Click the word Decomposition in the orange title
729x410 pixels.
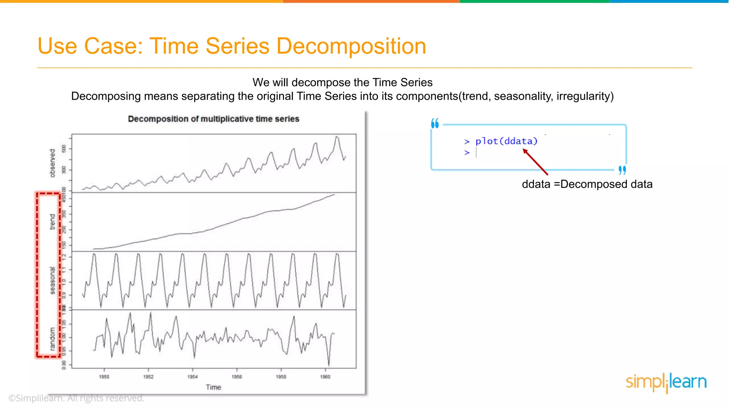click(351, 46)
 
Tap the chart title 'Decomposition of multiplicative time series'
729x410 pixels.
click(214, 119)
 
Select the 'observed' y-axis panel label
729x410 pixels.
click(53, 163)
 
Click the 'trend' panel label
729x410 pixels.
click(52, 222)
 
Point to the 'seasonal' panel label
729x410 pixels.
click(52, 280)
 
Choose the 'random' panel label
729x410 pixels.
click(52, 339)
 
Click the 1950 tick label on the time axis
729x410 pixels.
click(104, 377)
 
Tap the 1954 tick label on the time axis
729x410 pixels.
click(193, 377)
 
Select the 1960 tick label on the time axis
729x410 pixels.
click(325, 377)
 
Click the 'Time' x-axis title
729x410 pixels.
click(213, 387)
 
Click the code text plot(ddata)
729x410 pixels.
click(506, 141)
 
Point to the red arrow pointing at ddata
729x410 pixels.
click(535, 162)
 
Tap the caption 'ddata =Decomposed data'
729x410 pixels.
click(587, 184)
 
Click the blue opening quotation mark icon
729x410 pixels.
click(435, 123)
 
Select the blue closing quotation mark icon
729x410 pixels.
click(622, 170)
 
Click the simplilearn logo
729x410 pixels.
click(666, 382)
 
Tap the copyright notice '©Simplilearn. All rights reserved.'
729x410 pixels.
click(76, 398)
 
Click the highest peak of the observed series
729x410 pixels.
click(337, 137)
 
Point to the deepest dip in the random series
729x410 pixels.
click(329, 365)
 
